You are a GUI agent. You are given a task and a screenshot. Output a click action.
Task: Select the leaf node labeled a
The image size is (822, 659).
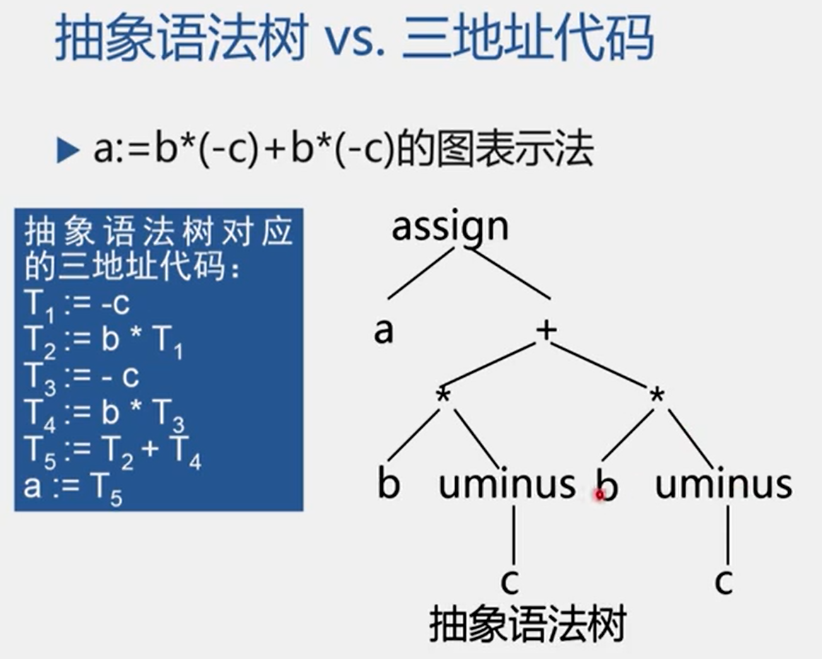383,330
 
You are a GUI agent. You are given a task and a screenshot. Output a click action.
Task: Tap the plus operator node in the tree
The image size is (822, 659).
545,330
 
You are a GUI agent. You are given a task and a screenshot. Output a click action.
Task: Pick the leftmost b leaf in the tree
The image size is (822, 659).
388,484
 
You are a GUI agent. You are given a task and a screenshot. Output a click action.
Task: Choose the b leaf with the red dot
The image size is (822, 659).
606,486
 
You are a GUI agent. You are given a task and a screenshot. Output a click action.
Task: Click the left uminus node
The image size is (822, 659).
507,484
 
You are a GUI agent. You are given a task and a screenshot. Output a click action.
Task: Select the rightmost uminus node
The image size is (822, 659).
723,484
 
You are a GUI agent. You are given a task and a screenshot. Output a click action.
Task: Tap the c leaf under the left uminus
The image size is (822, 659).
510,581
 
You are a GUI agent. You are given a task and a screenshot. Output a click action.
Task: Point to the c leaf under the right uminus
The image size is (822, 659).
723,581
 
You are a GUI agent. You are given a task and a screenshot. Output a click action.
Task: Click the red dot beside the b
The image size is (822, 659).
599,495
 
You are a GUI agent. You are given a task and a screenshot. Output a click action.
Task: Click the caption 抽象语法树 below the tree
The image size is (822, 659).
527,625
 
